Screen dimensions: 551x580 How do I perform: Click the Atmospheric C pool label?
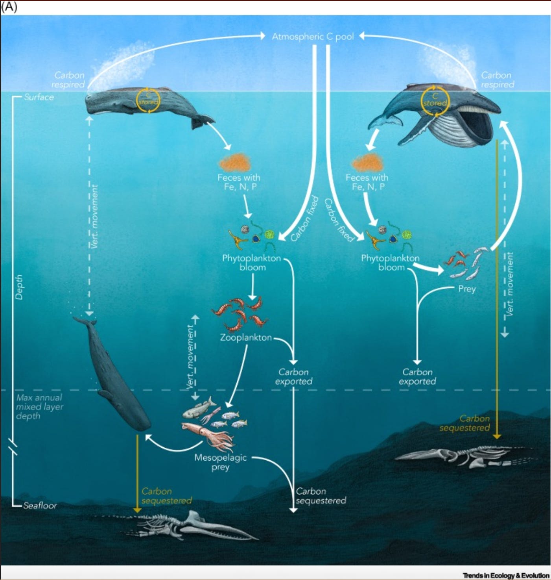click(x=313, y=37)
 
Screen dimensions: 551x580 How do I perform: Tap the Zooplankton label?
click(x=246, y=337)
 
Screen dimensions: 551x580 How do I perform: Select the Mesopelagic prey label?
click(x=221, y=462)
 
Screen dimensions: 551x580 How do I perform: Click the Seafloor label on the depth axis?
click(x=40, y=505)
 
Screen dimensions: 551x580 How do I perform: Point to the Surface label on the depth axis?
click(x=39, y=97)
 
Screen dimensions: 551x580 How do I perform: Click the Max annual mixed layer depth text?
click(x=39, y=406)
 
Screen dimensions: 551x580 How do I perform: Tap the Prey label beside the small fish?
click(x=467, y=289)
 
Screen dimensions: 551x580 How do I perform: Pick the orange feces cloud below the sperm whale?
click(x=235, y=162)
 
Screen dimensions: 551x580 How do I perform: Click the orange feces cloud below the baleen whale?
click(x=368, y=162)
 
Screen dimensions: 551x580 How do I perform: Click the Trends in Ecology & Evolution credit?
click(x=506, y=575)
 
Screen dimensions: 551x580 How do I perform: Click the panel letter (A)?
click(x=9, y=7)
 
